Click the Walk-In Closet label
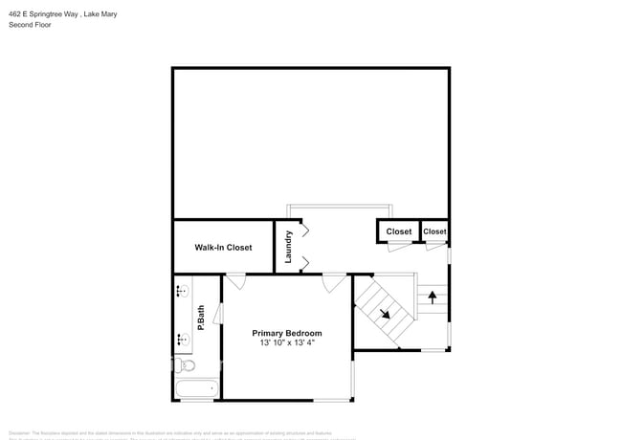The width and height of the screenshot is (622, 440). (223, 248)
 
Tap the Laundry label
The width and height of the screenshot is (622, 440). (288, 248)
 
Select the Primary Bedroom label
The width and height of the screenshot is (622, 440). (287, 333)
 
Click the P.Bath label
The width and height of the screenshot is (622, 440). (201, 317)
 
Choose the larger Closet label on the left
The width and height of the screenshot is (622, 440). (398, 231)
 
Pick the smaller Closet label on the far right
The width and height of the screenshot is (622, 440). (434, 231)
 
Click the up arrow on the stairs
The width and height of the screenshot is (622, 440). (432, 297)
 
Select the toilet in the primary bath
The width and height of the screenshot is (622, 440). (187, 365)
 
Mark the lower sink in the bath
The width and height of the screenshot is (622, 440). (182, 337)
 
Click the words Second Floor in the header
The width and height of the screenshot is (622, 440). (30, 25)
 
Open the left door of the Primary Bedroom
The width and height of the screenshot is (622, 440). (235, 281)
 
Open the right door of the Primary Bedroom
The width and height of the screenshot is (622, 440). (334, 281)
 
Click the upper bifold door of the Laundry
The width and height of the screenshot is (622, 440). (305, 231)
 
